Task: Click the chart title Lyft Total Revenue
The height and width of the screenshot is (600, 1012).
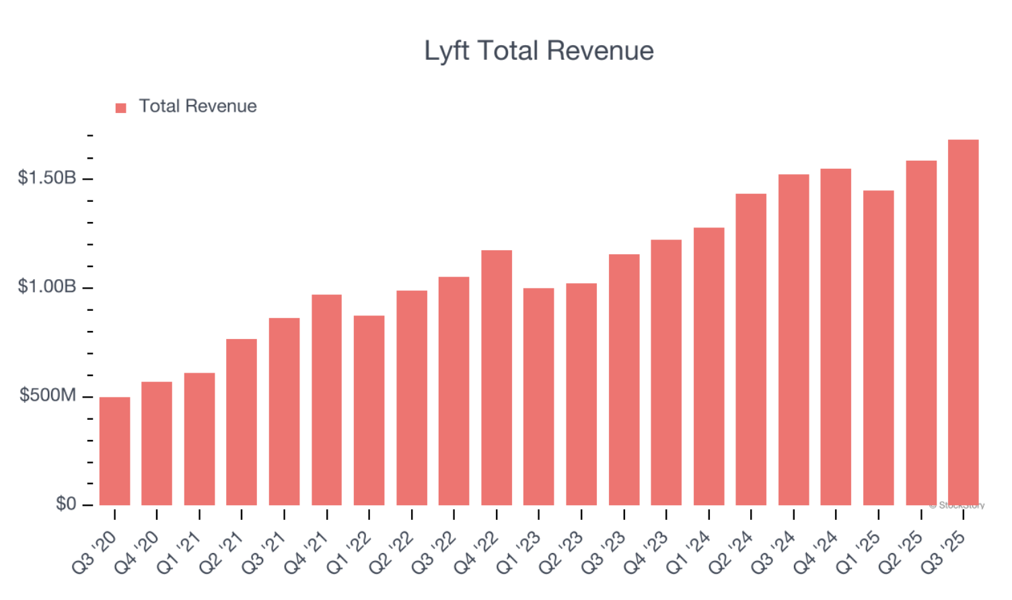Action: point(538,51)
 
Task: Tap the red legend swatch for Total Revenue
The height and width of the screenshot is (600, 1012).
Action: point(121,108)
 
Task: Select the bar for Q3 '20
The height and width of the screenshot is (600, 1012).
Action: point(114,451)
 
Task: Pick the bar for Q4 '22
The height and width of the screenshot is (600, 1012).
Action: point(497,377)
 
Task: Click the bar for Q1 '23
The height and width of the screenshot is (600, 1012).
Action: point(539,396)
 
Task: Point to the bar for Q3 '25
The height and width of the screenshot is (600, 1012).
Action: point(963,322)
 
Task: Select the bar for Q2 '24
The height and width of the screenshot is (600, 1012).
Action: point(751,349)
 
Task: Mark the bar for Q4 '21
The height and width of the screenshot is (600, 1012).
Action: point(327,400)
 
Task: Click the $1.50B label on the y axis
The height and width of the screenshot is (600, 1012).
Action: point(47,178)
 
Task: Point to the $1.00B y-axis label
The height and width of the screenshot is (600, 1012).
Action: point(47,287)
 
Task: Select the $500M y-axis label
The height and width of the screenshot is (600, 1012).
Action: point(48,396)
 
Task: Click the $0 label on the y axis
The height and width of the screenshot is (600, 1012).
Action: point(66,504)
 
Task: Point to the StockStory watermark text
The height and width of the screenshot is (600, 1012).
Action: point(957,505)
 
